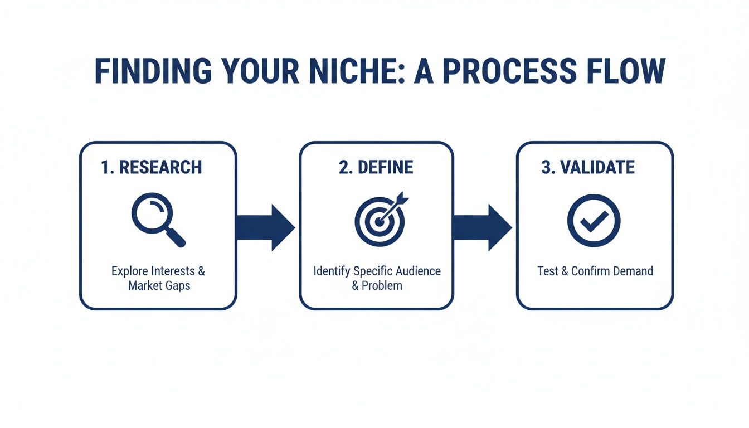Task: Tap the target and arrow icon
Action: coord(381,219)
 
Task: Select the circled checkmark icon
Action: coord(594,220)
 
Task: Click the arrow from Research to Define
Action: coord(265,227)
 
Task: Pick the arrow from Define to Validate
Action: coord(482,227)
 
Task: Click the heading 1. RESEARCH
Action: coord(152,167)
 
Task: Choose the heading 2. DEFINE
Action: coord(376,167)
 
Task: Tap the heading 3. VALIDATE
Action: coord(587,167)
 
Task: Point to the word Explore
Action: coord(129,271)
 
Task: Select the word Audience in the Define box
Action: coord(418,271)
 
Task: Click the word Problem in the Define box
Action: coord(382,285)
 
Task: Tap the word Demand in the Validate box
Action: coord(633,271)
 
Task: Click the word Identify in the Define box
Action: coord(331,271)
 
